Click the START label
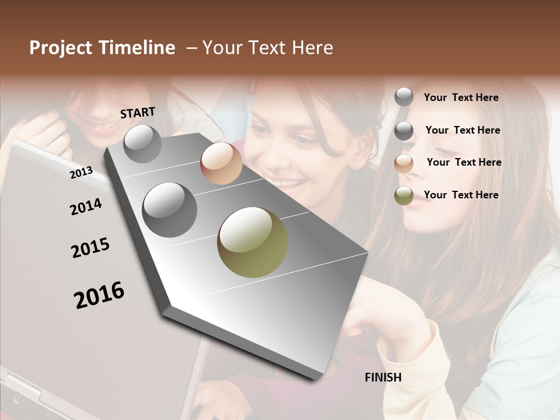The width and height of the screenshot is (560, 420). click(138, 113)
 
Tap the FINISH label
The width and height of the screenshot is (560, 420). click(383, 377)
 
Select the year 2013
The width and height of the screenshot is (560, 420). click(81, 172)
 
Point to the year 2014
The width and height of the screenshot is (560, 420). click(86, 206)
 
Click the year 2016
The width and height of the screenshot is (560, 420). click(99, 295)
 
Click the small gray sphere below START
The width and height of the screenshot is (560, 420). click(142, 143)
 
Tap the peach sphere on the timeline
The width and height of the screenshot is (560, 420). click(221, 163)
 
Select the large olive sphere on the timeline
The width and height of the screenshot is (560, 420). click(253, 242)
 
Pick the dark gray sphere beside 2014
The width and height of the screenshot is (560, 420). click(169, 209)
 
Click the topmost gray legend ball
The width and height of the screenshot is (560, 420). click(404, 97)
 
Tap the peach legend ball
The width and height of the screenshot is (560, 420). click(404, 163)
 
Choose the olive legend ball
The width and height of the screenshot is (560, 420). click(404, 196)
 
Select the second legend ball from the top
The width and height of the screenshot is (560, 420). click(404, 131)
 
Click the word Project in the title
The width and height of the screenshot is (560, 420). click(61, 48)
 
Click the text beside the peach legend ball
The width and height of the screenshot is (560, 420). click(464, 162)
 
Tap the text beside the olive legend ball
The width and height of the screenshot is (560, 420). click(461, 195)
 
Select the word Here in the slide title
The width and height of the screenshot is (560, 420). click(311, 48)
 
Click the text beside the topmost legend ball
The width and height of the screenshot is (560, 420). click(461, 97)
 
